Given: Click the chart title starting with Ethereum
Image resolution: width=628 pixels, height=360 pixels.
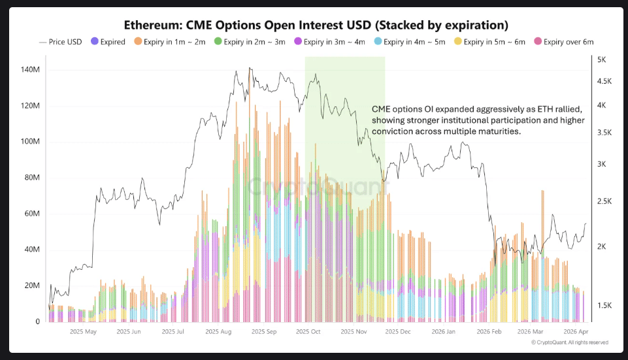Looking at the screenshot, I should pos(316,25).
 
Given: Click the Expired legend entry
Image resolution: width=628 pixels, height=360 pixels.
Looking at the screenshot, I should pos(108,42).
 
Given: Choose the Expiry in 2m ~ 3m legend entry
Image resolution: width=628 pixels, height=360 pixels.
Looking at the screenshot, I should pos(251,42).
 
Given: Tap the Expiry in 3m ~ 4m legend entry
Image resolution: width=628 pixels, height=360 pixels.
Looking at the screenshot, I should pos(331,42).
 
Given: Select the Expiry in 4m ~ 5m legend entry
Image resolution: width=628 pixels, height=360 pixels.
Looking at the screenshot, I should pos(410,42).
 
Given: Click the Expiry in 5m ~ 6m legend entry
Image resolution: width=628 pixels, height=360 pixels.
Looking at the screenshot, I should pos(490,42).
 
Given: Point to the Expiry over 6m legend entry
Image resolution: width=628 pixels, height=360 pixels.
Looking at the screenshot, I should pos(565,42).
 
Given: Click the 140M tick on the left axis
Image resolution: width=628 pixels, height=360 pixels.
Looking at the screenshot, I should pos(31,69).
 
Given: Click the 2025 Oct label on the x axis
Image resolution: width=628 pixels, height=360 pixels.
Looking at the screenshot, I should pos(308,331).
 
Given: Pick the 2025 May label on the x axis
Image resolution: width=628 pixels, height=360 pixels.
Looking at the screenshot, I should pos(82,331).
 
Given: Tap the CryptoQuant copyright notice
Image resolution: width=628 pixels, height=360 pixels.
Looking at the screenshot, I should pos(569,342).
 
